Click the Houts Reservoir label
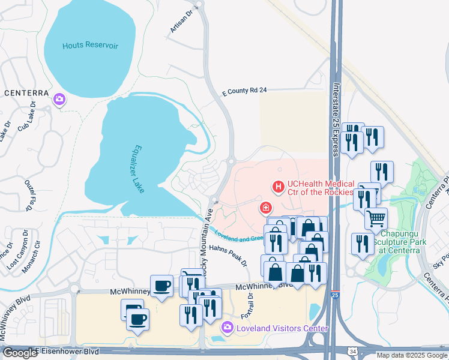pyautogui.click(x=89, y=46)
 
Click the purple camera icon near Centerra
pyautogui.click(x=60, y=100)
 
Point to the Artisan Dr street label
pyautogui.click(x=179, y=22)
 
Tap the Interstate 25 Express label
pyautogui.click(x=337, y=118)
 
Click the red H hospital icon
pyautogui.click(x=279, y=188)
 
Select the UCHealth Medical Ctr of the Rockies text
pyautogui.click(x=321, y=188)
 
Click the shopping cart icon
pyautogui.click(x=376, y=218)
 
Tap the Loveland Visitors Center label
pyautogui.click(x=282, y=328)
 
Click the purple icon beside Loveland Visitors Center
pyautogui.click(x=227, y=328)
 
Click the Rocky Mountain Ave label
pyautogui.click(x=207, y=242)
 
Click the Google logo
pyautogui.click(x=19, y=353)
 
